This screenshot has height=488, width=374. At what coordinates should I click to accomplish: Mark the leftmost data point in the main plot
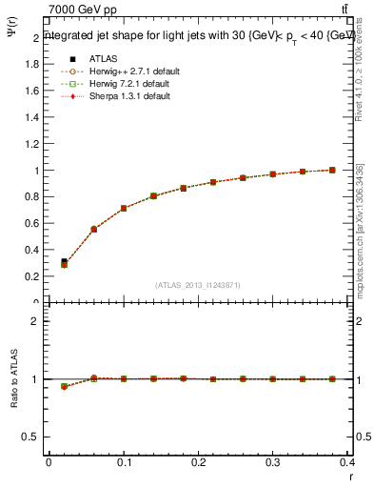click(x=64, y=263)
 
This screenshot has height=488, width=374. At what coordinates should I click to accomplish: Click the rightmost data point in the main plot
click(x=332, y=170)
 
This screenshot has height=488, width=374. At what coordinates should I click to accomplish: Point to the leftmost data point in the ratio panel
click(x=64, y=386)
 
